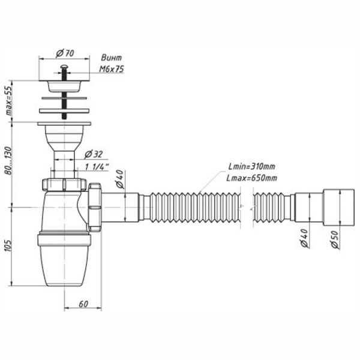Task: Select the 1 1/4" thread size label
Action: click(x=96, y=167)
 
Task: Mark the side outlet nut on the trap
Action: click(x=96, y=207)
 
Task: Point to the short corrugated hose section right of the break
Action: click(x=273, y=207)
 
